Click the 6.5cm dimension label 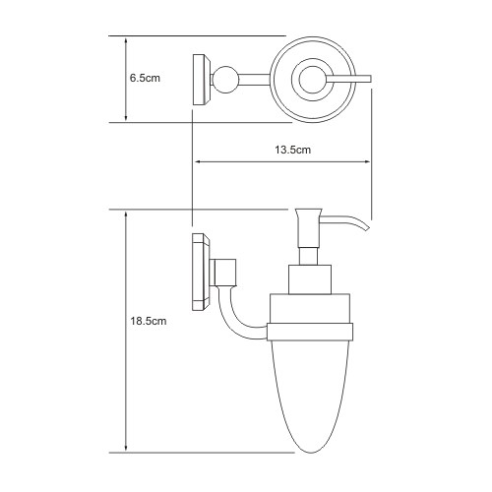pos(145,78)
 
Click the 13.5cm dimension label pos(292,150)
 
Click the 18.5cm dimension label pos(149,321)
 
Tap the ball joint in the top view pos(225,80)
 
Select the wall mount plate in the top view pos(202,80)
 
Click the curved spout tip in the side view pos(366,228)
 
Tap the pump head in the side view pos(308,227)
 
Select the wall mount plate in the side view pos(201,272)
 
